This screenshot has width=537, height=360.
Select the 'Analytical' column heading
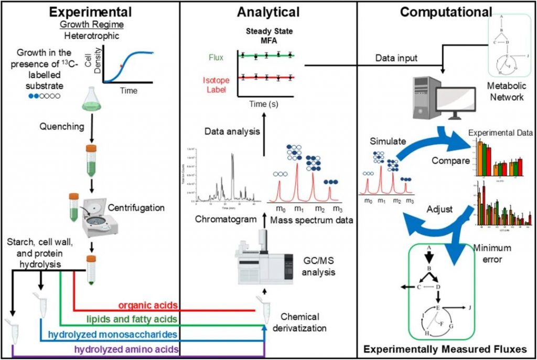(x=268, y=12)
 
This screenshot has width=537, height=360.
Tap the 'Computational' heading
(x=446, y=12)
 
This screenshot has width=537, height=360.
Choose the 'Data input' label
(x=397, y=58)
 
